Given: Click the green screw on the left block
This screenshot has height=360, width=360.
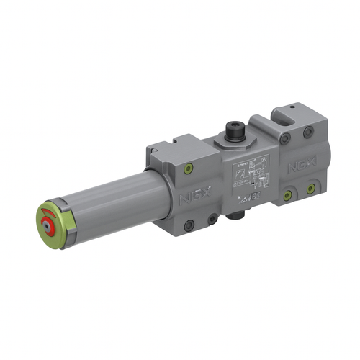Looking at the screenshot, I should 189,170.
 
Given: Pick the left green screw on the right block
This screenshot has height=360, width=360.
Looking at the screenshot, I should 287,195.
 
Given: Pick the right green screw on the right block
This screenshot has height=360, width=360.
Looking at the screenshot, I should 310,189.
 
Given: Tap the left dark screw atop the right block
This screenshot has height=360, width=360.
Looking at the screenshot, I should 286,139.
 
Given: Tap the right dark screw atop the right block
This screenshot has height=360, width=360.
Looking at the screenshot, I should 308,132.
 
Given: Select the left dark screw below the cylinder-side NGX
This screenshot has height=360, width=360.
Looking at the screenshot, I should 189,225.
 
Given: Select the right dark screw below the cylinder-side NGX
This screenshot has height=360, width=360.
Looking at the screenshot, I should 212,218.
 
